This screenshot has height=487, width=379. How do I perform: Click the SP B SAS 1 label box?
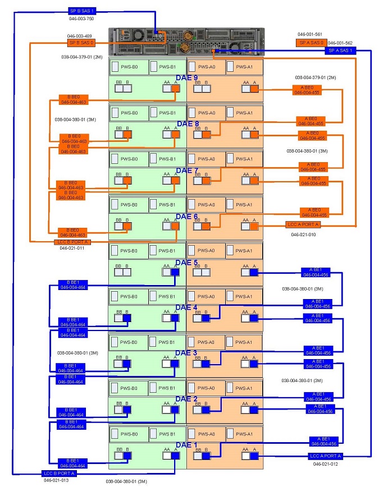click(x=82, y=11)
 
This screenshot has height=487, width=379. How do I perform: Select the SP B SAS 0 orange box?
click(x=81, y=43)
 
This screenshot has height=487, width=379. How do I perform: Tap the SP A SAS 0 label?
click(x=310, y=43)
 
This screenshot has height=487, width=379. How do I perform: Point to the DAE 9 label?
click(x=188, y=77)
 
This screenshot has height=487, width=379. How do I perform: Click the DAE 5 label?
click(x=187, y=262)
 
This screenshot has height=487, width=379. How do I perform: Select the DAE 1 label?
click(x=187, y=445)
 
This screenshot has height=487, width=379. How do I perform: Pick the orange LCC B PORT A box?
click(x=71, y=242)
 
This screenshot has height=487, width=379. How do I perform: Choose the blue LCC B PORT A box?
click(x=59, y=474)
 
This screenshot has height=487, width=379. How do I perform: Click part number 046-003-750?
click(x=81, y=19)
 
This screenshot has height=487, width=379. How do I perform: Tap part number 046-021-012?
click(x=326, y=464)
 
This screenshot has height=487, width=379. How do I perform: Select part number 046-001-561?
click(x=310, y=34)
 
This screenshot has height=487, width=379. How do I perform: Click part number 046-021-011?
click(x=71, y=248)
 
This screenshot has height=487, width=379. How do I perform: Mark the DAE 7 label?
click(x=188, y=170)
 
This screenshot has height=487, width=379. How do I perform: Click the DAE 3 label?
click(x=187, y=353)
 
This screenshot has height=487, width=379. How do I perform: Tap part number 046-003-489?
click(x=80, y=36)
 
